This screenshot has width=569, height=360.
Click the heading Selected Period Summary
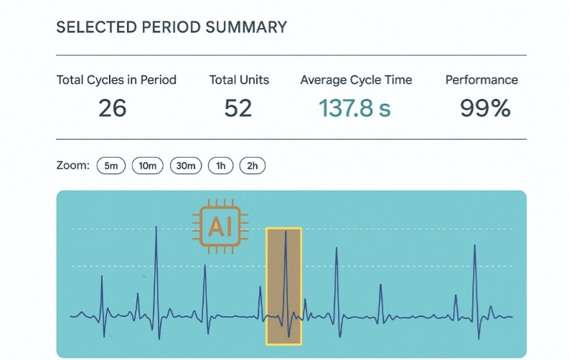[171, 28]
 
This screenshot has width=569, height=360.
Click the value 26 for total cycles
[113, 108]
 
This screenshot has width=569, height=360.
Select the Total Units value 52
[238, 108]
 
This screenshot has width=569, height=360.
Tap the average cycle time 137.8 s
[354, 108]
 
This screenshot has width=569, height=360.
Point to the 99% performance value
[485, 108]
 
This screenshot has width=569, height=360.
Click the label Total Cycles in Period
[116, 80]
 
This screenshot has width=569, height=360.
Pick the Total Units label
[239, 80]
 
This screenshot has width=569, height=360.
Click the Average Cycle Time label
[356, 80]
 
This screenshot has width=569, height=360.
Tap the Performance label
[481, 80]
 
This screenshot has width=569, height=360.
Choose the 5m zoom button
[110, 166]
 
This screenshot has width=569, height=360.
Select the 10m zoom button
[148, 166]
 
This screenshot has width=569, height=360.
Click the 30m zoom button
[186, 166]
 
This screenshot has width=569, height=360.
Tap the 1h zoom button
[221, 166]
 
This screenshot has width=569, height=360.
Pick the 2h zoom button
[253, 166]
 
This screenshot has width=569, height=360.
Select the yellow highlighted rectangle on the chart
[284, 285]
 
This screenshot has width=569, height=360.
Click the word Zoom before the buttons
[72, 166]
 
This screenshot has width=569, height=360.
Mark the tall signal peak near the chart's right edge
[474, 247]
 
